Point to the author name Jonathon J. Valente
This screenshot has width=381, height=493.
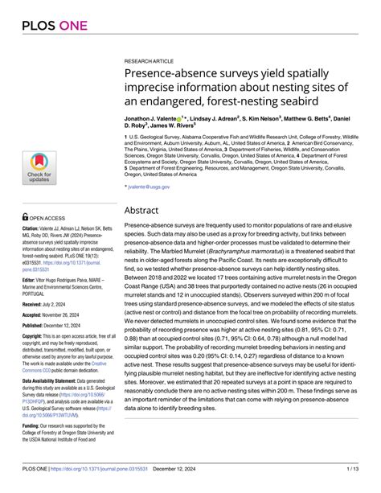[156, 117]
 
